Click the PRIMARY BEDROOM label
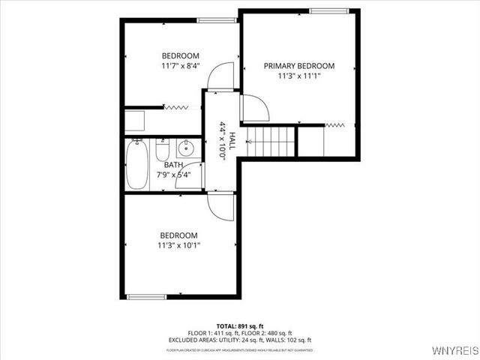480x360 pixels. pyautogui.click(x=298, y=66)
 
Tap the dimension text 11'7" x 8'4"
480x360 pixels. pyautogui.click(x=180, y=66)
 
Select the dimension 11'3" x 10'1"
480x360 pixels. pyautogui.click(x=178, y=244)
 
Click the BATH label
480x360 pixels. pyautogui.click(x=173, y=165)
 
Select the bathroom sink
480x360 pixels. pyautogui.click(x=188, y=148)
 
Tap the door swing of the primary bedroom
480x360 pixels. pyautogui.click(x=255, y=109)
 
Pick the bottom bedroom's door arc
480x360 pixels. pyautogui.click(x=222, y=205)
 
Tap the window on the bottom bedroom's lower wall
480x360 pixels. pyautogui.click(x=146, y=296)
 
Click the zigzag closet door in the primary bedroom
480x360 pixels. pyautogui.click(x=334, y=124)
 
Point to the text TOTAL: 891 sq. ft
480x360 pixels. pyautogui.click(x=239, y=326)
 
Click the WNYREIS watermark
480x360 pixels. pyautogui.click(x=454, y=350)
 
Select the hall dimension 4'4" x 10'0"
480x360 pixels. pyautogui.click(x=223, y=139)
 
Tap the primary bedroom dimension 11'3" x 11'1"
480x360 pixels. pyautogui.click(x=298, y=75)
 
